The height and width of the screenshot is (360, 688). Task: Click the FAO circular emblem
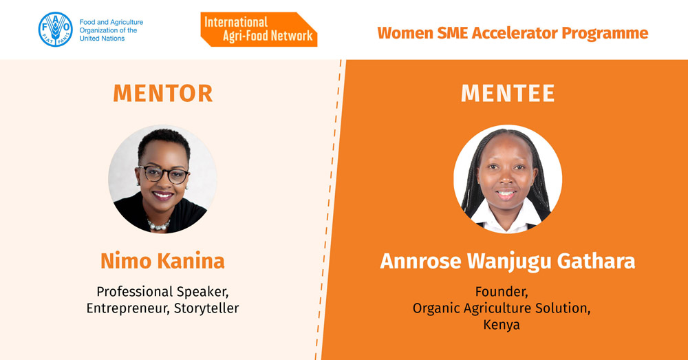(55, 30)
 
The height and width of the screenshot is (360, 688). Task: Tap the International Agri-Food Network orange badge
(259, 30)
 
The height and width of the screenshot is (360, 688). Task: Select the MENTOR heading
(163, 93)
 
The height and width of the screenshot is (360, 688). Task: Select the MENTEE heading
(508, 93)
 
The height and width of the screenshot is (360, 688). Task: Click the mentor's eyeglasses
(164, 174)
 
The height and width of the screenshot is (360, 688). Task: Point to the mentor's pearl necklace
(158, 225)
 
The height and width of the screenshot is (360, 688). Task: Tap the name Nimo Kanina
(162, 261)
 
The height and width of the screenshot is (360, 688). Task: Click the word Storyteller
(206, 308)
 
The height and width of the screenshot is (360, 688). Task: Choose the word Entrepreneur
(128, 308)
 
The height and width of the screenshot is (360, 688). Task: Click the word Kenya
(502, 325)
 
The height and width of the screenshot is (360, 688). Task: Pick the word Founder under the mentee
(502, 292)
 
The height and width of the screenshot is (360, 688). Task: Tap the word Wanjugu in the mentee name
(509, 261)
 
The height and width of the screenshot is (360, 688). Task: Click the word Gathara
(596, 261)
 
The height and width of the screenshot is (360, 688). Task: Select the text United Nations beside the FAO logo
(102, 39)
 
